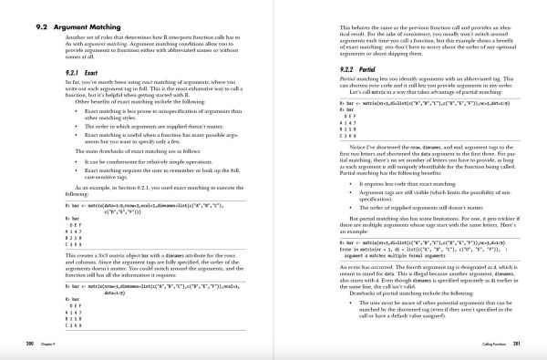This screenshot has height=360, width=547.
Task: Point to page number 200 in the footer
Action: tap(32, 344)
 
